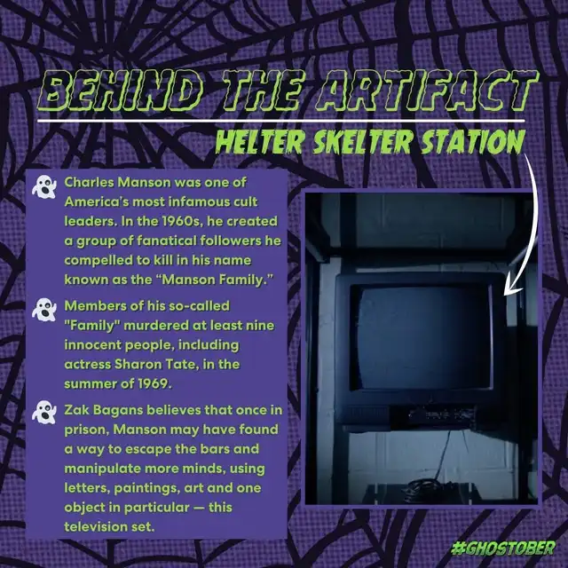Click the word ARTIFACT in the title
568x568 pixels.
(427, 91)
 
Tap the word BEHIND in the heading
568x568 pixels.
(121, 91)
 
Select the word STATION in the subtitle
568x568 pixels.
(473, 141)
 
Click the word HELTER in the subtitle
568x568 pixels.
(260, 141)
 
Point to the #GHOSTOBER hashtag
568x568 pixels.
(503, 548)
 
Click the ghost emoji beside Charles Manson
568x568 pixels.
(44, 187)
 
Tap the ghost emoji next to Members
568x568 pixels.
(44, 310)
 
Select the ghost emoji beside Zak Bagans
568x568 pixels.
(44, 413)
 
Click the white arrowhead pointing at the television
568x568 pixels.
(511, 288)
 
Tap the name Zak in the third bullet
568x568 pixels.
(77, 410)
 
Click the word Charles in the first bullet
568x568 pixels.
(89, 182)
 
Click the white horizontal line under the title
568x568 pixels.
(281, 121)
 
